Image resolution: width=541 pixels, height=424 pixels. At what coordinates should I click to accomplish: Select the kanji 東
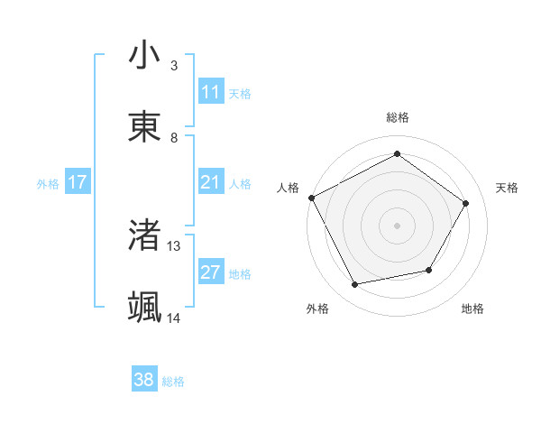coord(144,125)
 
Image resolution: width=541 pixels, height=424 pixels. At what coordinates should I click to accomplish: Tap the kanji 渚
coord(144,235)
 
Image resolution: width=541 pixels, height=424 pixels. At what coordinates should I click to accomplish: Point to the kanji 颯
coord(144,308)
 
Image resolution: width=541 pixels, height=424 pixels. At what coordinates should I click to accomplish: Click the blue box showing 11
coord(211,92)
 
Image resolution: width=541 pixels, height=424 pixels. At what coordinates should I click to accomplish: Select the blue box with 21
coord(211,183)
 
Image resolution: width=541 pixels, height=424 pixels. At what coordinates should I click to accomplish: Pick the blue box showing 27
coord(211,273)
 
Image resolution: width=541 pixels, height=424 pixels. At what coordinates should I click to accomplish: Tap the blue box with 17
coord(78,183)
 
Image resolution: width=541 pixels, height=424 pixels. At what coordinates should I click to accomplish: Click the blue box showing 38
coord(144,381)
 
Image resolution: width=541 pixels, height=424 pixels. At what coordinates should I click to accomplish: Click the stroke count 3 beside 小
coord(174,66)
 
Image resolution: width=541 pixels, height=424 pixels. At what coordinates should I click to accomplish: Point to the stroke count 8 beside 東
coord(174,138)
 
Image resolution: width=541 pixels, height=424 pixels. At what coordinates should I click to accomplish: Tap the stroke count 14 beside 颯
coord(174,318)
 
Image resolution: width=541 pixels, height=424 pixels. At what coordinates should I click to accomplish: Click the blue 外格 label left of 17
coord(48,184)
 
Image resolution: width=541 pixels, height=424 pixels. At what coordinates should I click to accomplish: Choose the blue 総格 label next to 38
coord(173,382)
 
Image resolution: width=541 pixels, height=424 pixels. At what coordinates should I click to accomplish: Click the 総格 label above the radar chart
coord(398,117)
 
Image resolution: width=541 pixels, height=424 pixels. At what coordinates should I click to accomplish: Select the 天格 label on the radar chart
coord(508,188)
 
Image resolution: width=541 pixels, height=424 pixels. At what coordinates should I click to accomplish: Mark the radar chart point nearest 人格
coord(311,197)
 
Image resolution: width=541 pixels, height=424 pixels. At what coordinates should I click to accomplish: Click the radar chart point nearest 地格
coord(429,270)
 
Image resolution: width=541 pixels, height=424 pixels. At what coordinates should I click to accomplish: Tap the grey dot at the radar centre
coord(398,225)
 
